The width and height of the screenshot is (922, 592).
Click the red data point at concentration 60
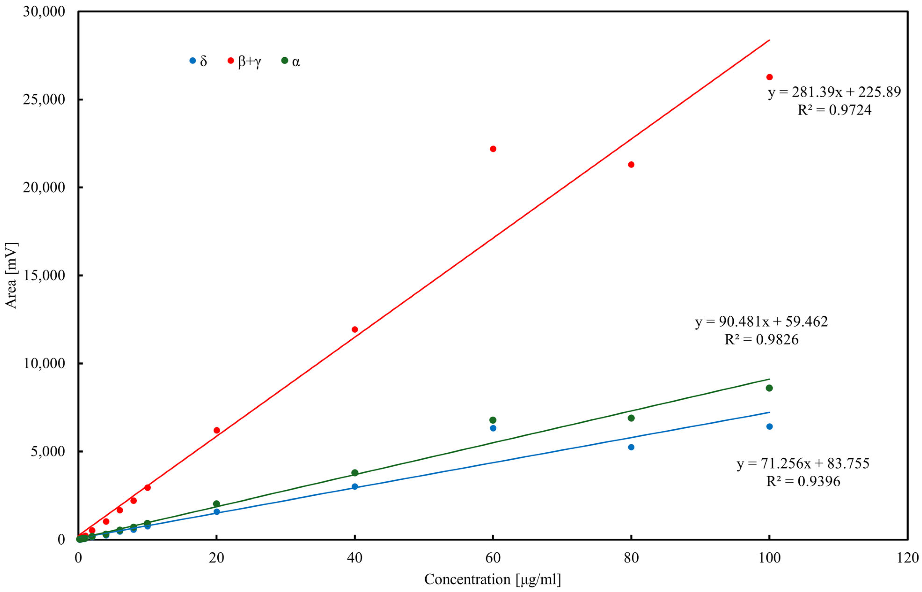(x=493, y=149)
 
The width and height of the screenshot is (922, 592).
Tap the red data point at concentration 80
(x=631, y=165)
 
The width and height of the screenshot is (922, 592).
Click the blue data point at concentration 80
(x=631, y=447)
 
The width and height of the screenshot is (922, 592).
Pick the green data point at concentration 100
(x=769, y=388)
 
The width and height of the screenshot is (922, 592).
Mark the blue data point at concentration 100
(x=769, y=426)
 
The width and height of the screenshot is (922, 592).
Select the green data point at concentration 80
(x=631, y=418)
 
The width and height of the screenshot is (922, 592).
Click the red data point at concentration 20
(x=217, y=430)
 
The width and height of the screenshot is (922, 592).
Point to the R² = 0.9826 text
(x=761, y=339)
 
